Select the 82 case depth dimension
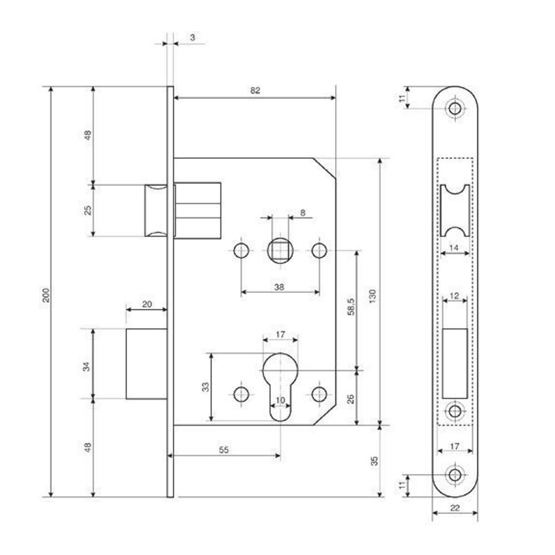click(x=255, y=90)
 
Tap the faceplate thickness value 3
click(x=192, y=37)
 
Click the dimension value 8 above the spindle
click(x=302, y=212)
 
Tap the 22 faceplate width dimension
click(x=455, y=507)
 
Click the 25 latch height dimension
click(x=87, y=210)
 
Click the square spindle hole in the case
click(x=280, y=251)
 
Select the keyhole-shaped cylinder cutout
click(x=280, y=383)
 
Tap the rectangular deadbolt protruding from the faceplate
click(x=147, y=364)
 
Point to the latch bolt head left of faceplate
click(x=155, y=210)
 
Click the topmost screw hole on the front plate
click(x=455, y=108)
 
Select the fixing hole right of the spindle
click(x=319, y=251)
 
